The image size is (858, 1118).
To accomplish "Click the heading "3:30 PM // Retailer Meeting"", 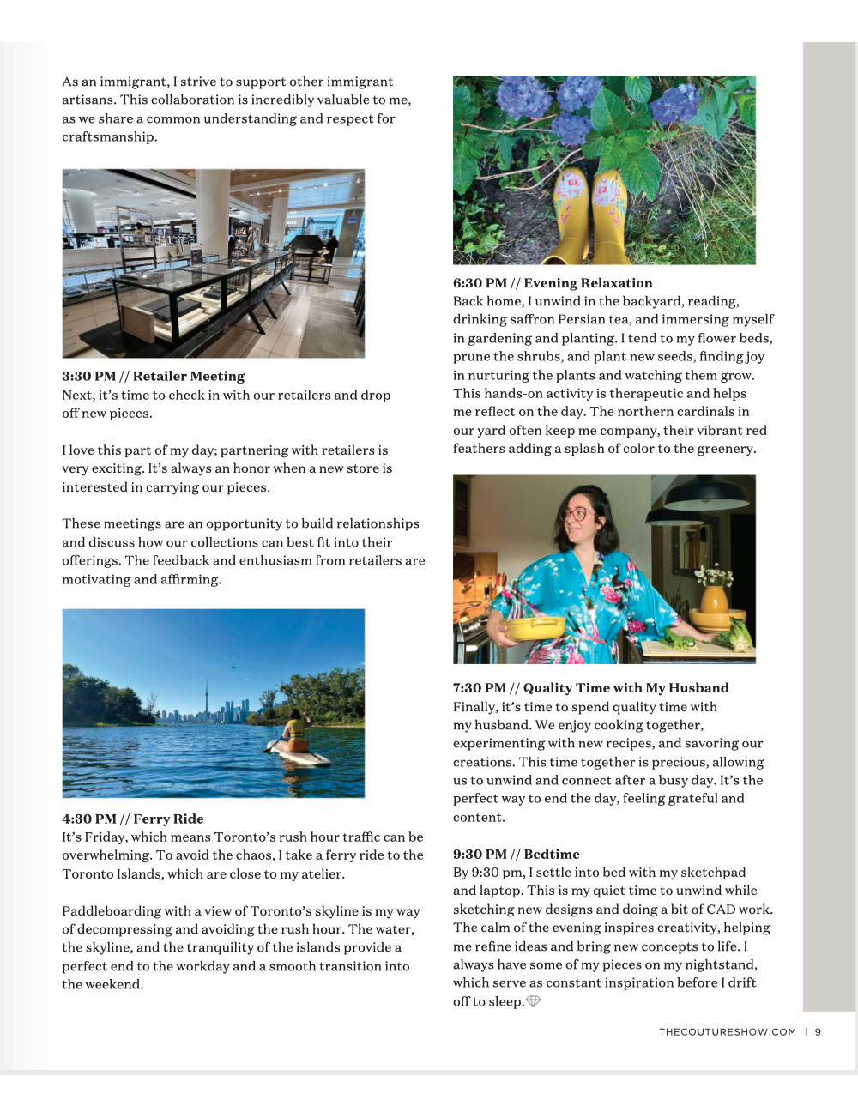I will tap(153, 376).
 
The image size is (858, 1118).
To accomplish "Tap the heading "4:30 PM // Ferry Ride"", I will tap(133, 819).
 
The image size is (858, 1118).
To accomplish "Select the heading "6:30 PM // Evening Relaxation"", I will tap(553, 283).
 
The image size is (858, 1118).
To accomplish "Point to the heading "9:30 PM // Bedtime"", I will tap(516, 854).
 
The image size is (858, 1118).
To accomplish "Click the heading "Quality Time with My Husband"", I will tap(625, 688).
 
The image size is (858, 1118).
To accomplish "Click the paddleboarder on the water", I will tap(296, 736).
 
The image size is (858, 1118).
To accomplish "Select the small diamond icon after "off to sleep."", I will tap(533, 1001).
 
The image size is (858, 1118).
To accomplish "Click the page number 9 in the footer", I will tap(819, 1032).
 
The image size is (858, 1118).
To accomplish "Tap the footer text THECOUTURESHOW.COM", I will tap(727, 1032).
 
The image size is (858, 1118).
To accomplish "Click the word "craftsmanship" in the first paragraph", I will tap(108, 137).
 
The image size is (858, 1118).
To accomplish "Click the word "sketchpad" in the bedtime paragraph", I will tap(712, 873).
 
